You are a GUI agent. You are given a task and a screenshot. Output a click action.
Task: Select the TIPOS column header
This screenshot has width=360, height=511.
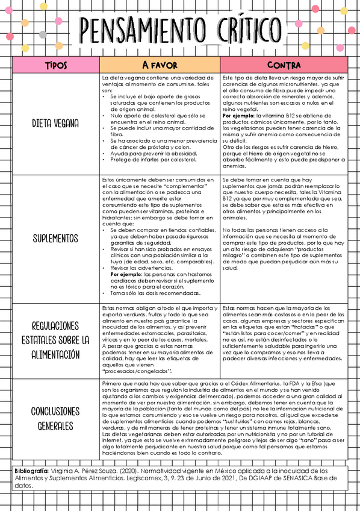pyautogui.click(x=56, y=64)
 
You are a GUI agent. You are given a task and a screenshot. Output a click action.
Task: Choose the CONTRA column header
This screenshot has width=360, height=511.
pyautogui.click(x=284, y=64)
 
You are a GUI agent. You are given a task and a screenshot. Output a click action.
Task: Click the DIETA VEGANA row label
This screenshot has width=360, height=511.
pyautogui.click(x=56, y=124)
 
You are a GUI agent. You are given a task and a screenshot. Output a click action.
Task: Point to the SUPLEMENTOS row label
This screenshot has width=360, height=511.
pyautogui.click(x=56, y=239)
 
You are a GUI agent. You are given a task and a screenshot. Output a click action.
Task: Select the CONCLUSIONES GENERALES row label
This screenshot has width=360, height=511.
pyautogui.click(x=56, y=418)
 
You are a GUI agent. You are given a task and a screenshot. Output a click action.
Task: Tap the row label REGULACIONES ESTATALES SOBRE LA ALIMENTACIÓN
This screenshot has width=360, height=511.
pyautogui.click(x=56, y=340)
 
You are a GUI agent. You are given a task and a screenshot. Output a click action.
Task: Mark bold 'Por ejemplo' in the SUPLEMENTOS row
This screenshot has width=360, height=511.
pyautogui.click(x=128, y=275)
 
